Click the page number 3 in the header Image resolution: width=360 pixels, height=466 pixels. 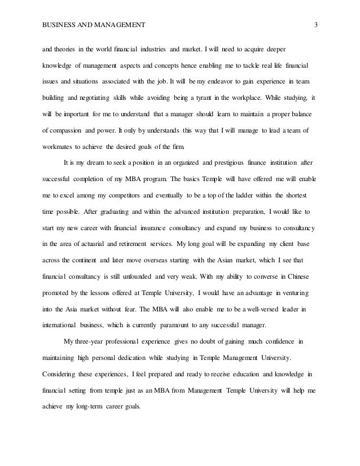pyautogui.click(x=316, y=24)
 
